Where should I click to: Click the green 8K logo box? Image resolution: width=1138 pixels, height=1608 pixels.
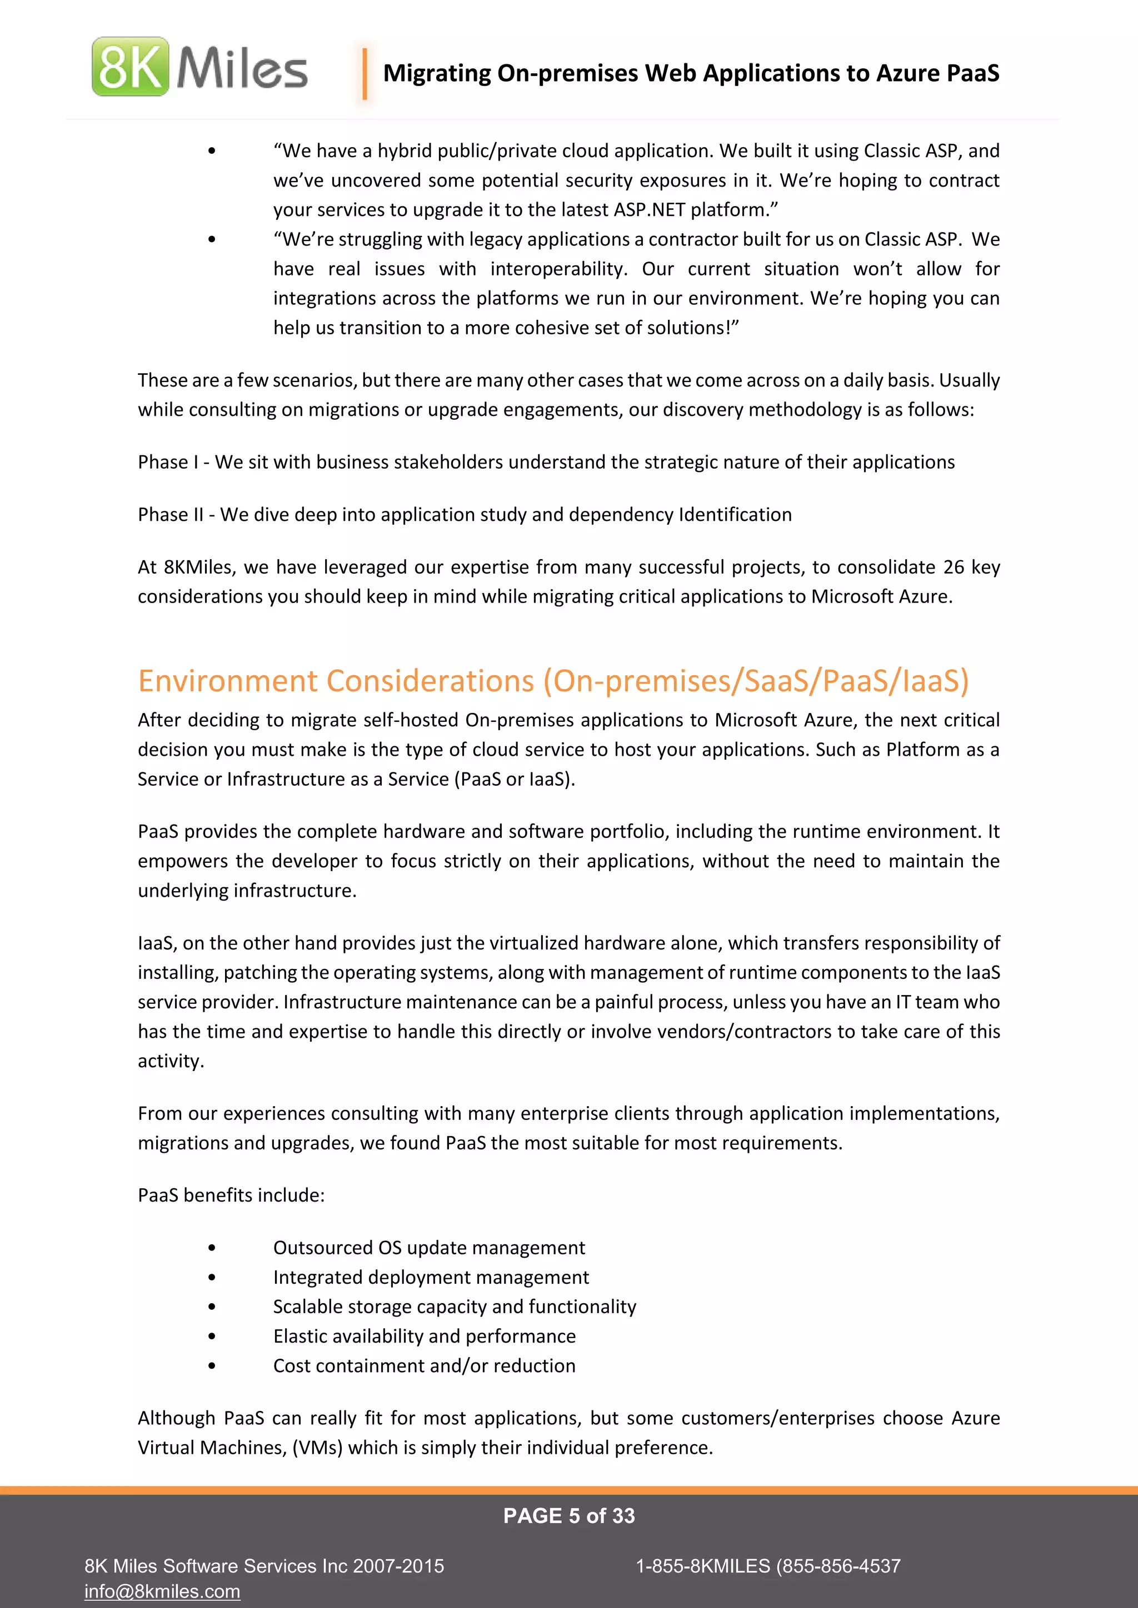(x=131, y=67)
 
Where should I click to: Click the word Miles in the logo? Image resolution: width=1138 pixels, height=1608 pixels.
(x=242, y=68)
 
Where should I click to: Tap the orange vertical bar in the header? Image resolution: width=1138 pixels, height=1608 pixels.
(x=365, y=73)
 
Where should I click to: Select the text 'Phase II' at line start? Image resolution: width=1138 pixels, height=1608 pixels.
(x=170, y=515)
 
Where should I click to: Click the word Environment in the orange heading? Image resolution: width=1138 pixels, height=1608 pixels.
(x=228, y=681)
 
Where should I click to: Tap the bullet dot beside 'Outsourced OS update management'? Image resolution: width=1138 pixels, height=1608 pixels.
(x=212, y=1248)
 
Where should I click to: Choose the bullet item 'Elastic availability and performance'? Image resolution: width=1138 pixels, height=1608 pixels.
(x=424, y=1336)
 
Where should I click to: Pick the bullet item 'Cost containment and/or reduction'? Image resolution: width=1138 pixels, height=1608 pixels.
(x=424, y=1366)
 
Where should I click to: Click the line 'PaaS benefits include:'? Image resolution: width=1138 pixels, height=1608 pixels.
(x=231, y=1195)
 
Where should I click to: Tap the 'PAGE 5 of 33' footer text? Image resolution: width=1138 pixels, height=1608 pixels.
(x=568, y=1516)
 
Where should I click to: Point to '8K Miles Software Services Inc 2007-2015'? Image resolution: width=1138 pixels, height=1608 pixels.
(x=263, y=1566)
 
